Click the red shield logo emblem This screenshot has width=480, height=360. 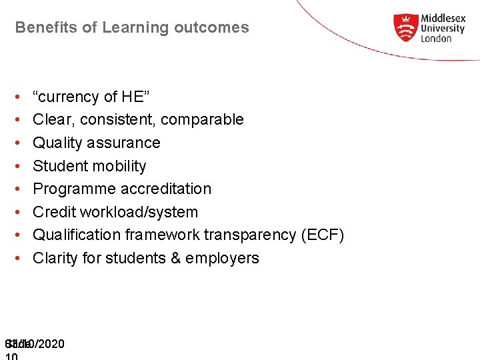click(405, 28)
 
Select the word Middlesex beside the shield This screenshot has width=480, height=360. click(443, 19)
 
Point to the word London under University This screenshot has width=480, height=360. click(436, 39)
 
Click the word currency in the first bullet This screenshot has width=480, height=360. click(69, 97)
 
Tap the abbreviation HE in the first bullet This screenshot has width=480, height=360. click(133, 97)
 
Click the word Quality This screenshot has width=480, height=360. click(55, 143)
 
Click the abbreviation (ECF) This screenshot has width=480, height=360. click(323, 235)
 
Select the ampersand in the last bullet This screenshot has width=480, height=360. click(177, 258)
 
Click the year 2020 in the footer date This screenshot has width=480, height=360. click(51, 344)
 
